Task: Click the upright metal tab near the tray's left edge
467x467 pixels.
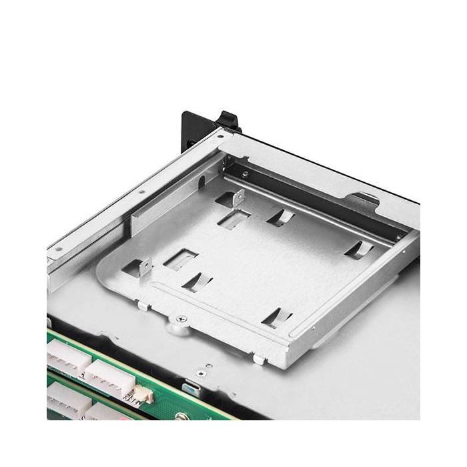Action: (143, 268)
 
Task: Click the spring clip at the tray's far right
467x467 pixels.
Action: (359, 250)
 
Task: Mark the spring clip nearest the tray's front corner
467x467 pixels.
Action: (277, 316)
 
